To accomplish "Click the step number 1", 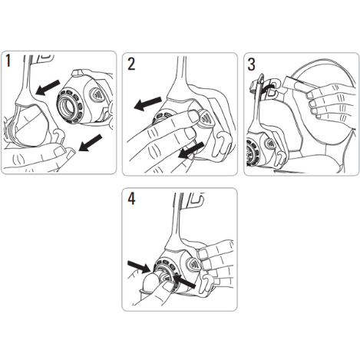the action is click(x=8, y=61).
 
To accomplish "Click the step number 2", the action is click(x=131, y=64).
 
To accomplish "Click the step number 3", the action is click(x=252, y=64).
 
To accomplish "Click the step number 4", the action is click(x=131, y=199).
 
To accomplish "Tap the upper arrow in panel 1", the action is click(x=48, y=88).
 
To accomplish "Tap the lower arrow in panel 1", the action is click(x=91, y=143).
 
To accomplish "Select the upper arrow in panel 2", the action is click(x=148, y=104).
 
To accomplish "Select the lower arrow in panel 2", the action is click(x=191, y=150).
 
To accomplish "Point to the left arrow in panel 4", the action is click(x=139, y=266).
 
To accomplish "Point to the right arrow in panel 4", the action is click(x=184, y=282).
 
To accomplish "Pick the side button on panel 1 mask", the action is click(x=96, y=94).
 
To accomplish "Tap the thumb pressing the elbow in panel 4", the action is click(x=152, y=284).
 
